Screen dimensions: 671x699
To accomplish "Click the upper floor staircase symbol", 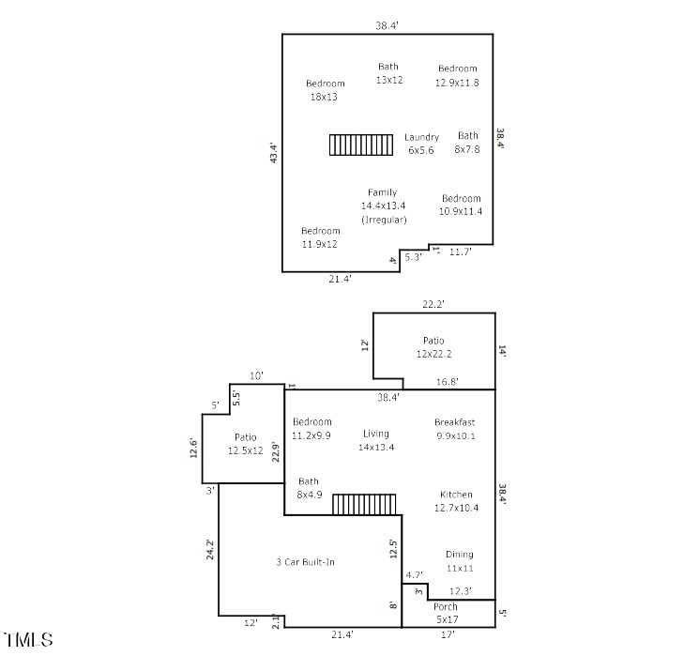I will [x=361, y=145].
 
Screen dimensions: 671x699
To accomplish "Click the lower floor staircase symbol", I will [x=364, y=505].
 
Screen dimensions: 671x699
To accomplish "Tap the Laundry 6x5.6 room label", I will [x=421, y=144].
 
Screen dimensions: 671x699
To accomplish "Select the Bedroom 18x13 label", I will [x=325, y=90].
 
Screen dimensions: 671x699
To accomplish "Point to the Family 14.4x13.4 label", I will [x=383, y=206].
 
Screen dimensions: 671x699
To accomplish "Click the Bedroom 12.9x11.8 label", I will [x=457, y=75].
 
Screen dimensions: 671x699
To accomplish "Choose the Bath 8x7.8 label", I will [x=467, y=142].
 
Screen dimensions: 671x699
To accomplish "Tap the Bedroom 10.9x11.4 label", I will [x=461, y=205].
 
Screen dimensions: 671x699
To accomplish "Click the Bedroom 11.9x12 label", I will [x=320, y=237].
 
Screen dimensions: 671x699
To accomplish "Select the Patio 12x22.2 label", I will [x=433, y=347].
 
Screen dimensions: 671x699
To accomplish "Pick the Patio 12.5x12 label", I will [x=245, y=444].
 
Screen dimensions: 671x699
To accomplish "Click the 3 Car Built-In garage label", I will [x=305, y=562].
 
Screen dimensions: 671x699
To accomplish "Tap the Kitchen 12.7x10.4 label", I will [x=456, y=501].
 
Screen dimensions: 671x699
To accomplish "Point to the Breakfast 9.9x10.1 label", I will [x=454, y=429].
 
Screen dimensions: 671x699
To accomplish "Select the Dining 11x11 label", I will [x=459, y=561].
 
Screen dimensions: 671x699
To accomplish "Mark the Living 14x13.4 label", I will [x=376, y=440].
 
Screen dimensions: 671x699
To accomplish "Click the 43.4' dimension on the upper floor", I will [x=274, y=153].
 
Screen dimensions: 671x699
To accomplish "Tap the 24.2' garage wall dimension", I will [x=210, y=549].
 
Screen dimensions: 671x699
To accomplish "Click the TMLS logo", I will [x=29, y=641].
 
